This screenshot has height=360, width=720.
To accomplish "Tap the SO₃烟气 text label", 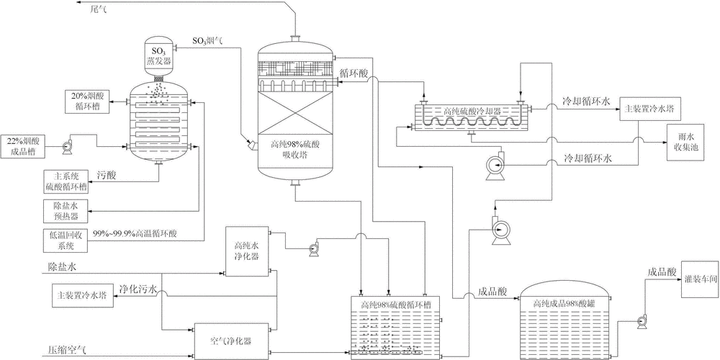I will [207, 40].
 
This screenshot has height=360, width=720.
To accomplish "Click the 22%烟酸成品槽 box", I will [24, 144].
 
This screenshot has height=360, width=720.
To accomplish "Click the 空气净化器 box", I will [232, 338].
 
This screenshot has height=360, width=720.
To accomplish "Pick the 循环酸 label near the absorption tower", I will [353, 72].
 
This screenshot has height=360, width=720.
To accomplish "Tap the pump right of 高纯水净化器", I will [313, 249].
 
